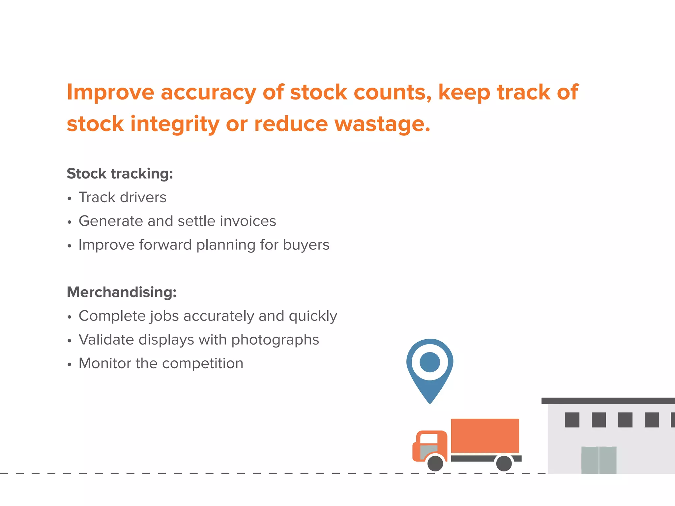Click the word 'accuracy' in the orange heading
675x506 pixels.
(208, 93)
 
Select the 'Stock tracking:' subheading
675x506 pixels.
(120, 174)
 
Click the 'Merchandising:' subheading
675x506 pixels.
(122, 292)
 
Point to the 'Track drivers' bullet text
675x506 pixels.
(122, 198)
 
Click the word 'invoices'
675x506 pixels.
(248, 221)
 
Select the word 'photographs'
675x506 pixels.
(275, 340)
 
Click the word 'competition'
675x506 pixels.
(202, 364)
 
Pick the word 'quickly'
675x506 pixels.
(313, 316)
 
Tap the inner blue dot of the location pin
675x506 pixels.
(430, 362)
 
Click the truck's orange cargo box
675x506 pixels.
(484, 436)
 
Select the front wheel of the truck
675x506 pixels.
(435, 464)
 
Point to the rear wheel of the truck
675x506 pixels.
(504, 464)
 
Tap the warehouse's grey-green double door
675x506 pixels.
(599, 460)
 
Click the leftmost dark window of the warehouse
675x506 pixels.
(572, 420)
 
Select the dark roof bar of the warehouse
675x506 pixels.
(608, 401)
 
